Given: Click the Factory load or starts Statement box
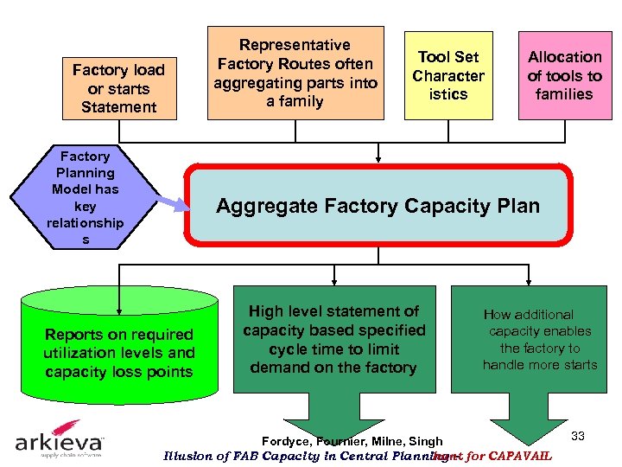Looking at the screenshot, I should (119, 87).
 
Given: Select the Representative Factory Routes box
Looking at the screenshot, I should (295, 73).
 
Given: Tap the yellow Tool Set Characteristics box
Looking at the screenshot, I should (448, 76).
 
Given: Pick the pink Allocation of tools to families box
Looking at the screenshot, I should (564, 76).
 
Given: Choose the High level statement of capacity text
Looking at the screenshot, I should (333, 339).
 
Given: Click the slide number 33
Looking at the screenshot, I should (578, 436).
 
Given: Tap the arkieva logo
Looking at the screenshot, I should (59, 443).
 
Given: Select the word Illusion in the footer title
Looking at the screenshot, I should (187, 456).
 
